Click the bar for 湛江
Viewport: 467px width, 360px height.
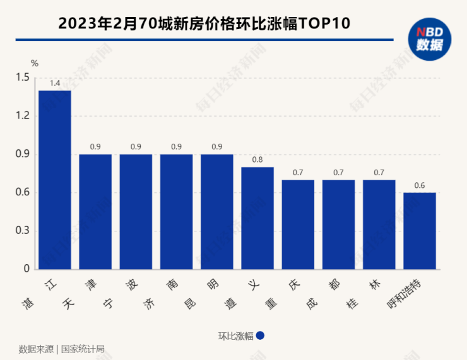click(55, 180)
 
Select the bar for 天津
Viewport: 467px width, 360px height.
click(95, 211)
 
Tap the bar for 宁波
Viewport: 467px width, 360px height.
click(136, 211)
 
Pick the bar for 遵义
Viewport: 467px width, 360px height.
click(257, 218)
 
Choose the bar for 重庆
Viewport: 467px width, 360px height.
click(298, 224)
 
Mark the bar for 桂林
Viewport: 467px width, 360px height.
click(379, 224)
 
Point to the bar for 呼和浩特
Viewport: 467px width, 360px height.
click(420, 230)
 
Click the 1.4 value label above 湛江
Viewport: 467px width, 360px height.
click(55, 83)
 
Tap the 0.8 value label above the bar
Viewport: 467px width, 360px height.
click(257, 160)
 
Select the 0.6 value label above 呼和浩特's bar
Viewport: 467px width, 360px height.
click(420, 185)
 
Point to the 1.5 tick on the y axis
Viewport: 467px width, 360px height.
click(23, 78)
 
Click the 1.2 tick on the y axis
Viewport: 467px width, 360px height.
click(23, 116)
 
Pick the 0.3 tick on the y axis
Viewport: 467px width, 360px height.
click(23, 231)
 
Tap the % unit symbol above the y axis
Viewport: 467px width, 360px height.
click(35, 63)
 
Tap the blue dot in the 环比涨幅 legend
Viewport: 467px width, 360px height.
click(260, 336)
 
